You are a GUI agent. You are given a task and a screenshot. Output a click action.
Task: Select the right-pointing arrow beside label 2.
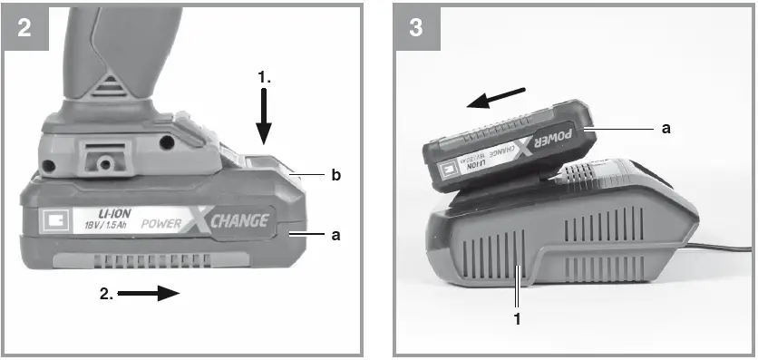point(149,293)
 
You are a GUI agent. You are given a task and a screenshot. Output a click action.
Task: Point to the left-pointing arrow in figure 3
point(497,97)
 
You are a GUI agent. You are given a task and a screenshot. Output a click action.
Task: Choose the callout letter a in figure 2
point(335,234)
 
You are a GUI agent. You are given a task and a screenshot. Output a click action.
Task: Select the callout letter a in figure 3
point(666,129)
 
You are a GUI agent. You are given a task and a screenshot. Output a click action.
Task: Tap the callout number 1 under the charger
point(518,318)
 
